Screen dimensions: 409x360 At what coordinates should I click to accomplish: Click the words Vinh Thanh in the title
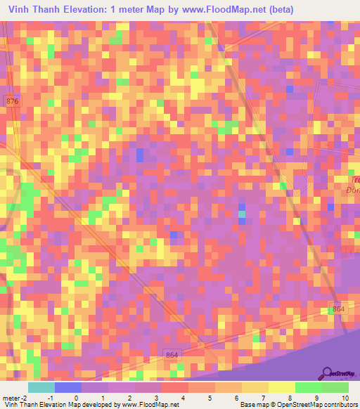[36, 9]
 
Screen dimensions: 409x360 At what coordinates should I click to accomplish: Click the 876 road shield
[12, 102]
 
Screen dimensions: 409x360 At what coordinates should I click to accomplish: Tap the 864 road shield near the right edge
[339, 309]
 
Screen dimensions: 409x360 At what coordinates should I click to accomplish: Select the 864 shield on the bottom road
[173, 356]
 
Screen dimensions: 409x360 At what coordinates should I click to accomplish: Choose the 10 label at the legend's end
[344, 398]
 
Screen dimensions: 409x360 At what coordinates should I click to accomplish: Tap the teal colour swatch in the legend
[41, 387]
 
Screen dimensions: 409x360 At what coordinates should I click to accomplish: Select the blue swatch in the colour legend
[68, 387]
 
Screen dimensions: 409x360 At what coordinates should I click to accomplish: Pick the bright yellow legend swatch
[281, 387]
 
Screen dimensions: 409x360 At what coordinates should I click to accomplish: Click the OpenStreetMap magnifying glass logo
[327, 372]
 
